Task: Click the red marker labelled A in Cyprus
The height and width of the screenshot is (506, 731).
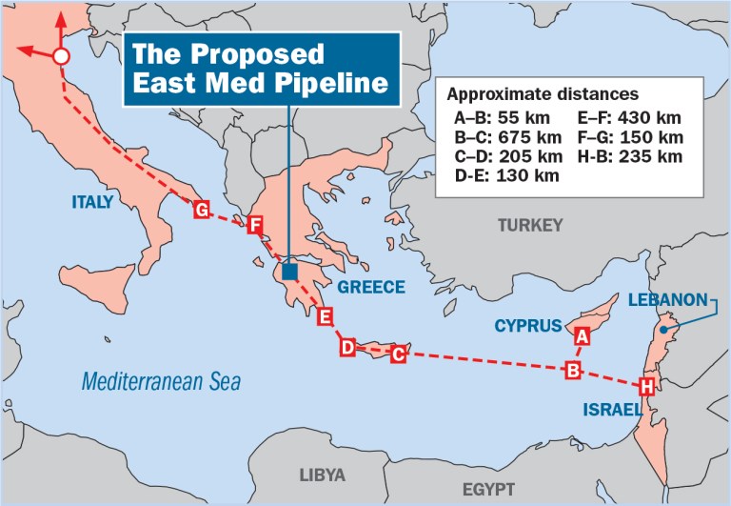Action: coord(583,335)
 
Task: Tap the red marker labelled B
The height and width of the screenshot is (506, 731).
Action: coord(573,370)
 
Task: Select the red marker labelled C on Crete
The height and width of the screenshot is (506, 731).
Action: coord(399,354)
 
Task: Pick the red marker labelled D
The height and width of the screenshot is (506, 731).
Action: coord(348,347)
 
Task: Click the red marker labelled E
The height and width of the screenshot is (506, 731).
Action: coord(326,316)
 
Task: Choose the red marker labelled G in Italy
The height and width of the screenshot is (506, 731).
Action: coord(201,210)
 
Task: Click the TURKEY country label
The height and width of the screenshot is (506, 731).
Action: coord(530,225)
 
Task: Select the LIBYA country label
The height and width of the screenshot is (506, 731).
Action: coord(323,475)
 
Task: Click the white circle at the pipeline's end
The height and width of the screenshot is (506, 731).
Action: coord(61,56)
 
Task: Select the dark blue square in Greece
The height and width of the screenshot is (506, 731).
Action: coord(290,272)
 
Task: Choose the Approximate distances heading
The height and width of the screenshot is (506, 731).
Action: coord(543,94)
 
